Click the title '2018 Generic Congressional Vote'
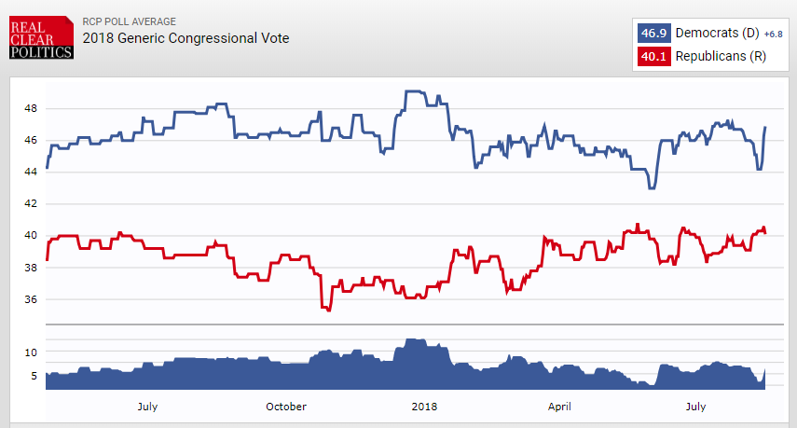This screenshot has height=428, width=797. tap(186, 38)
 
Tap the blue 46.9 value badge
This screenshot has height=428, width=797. tap(653, 34)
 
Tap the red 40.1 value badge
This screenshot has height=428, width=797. tap(653, 57)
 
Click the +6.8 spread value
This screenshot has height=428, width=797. tap(774, 35)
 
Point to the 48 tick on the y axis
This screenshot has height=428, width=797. tap(31, 108)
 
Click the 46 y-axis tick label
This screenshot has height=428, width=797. tap(31, 140)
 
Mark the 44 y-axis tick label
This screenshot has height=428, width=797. tap(31, 172)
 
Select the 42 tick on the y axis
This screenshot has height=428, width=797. tap(31, 203)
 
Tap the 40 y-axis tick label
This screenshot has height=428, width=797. tap(31, 236)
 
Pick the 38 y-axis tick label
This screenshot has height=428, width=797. tap(31, 268)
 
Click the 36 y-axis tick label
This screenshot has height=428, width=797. tap(31, 299)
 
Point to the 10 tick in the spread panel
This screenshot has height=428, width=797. tap(31, 352)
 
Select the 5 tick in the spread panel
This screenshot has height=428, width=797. tap(33, 376)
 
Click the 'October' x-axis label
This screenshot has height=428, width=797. tap(286, 407)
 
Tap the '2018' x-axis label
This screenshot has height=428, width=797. tap(424, 407)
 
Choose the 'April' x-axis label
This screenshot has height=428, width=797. tap(559, 407)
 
